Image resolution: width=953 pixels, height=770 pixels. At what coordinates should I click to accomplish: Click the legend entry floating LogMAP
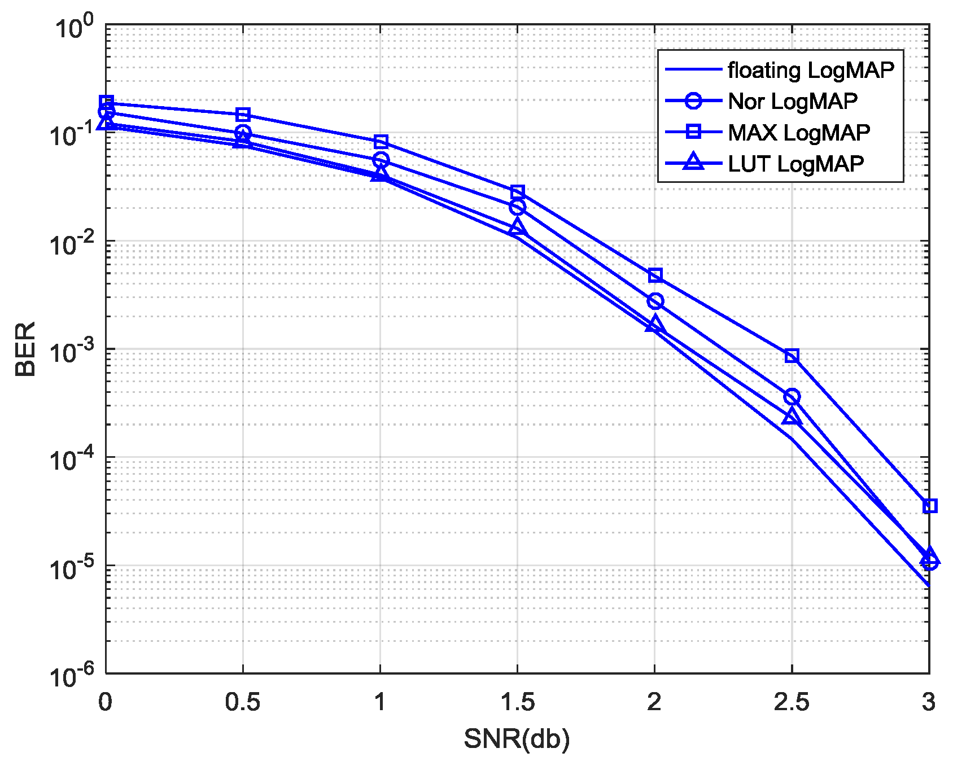(x=811, y=70)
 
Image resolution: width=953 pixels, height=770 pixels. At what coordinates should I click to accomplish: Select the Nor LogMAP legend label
(x=792, y=102)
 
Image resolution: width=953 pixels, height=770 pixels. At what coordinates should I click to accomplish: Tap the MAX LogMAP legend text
(x=798, y=133)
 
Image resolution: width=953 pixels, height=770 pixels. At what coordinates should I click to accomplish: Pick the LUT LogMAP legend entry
(x=795, y=164)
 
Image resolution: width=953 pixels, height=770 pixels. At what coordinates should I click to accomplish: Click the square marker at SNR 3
(x=929, y=506)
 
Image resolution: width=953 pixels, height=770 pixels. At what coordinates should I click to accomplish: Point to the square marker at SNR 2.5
(x=792, y=356)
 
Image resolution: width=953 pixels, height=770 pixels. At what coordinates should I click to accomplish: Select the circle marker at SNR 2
(x=655, y=301)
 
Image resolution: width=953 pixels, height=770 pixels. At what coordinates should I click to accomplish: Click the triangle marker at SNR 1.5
(x=518, y=228)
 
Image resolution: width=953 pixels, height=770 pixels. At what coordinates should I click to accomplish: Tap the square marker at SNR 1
(x=381, y=141)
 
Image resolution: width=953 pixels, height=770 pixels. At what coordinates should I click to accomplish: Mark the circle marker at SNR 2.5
(x=792, y=397)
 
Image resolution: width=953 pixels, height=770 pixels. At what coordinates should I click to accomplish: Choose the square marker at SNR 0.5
(x=243, y=115)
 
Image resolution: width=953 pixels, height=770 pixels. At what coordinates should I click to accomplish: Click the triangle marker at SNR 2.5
(x=792, y=418)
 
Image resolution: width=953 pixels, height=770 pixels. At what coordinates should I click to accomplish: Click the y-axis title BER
(x=25, y=349)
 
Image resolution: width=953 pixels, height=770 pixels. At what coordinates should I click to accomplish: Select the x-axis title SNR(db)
(x=517, y=739)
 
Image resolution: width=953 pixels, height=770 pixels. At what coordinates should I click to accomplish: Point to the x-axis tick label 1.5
(x=517, y=702)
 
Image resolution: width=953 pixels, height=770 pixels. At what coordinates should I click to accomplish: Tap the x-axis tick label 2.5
(x=792, y=702)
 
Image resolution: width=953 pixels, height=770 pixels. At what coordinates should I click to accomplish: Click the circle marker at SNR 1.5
(x=518, y=207)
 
